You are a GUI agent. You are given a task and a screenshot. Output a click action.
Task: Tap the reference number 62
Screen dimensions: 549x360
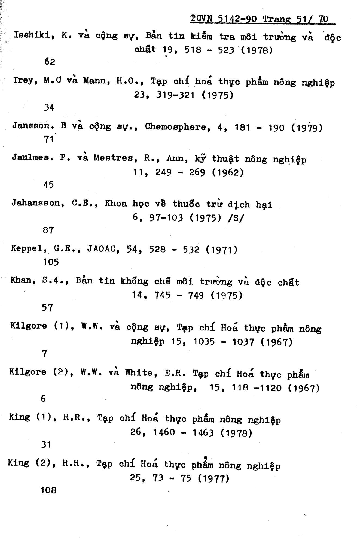tap(50, 62)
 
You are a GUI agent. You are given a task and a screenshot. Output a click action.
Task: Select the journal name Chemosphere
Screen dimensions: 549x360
tap(175, 127)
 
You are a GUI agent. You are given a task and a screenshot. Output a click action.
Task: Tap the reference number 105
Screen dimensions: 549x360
tap(51, 262)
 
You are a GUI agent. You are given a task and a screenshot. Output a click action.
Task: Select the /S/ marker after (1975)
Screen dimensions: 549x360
tap(236, 219)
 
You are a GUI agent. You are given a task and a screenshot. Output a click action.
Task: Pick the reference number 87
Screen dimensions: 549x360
tap(48, 230)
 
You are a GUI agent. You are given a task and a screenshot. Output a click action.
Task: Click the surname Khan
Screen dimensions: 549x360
tap(21, 281)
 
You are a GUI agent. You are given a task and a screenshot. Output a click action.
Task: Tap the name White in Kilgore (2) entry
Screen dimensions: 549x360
tap(139, 372)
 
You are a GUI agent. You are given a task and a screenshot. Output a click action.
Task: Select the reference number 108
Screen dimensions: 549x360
tap(48, 490)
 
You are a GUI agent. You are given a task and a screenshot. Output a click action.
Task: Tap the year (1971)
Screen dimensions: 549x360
tap(221, 250)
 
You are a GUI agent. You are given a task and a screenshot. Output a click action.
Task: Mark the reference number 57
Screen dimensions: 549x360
tap(47, 308)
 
